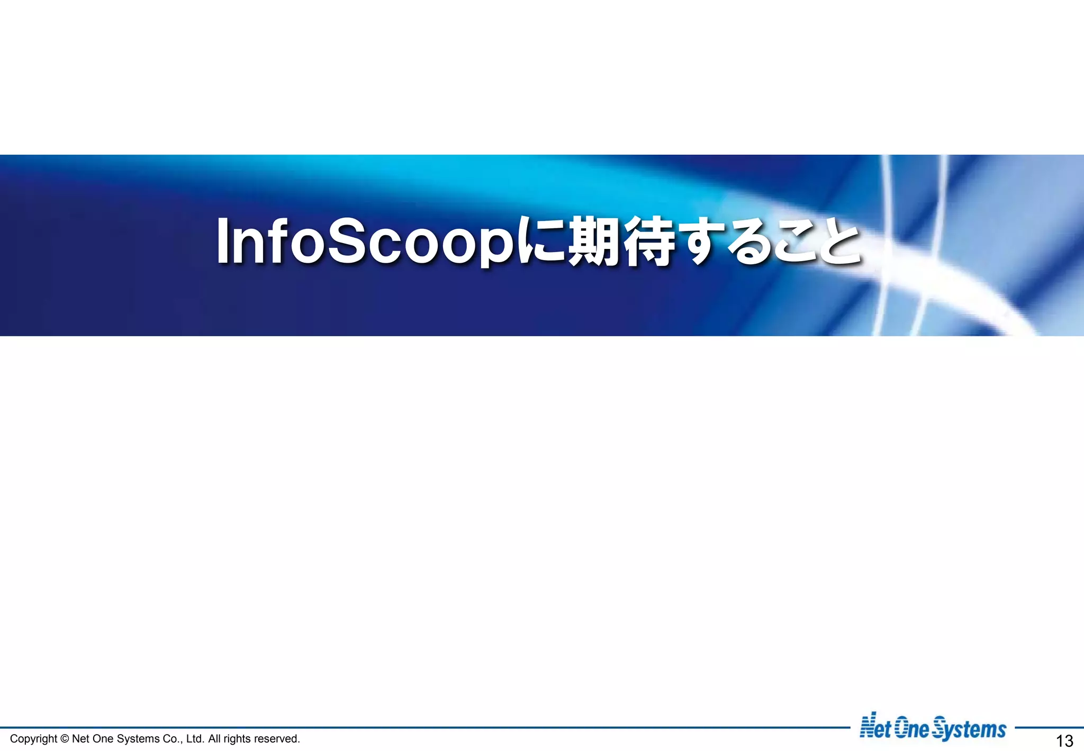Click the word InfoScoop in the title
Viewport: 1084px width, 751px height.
pyautogui.click(x=365, y=243)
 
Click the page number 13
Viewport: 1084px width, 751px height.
pyautogui.click(x=1064, y=740)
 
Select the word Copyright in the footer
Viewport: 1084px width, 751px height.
pyautogui.click(x=33, y=739)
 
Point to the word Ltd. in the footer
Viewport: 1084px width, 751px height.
pyautogui.click(x=195, y=739)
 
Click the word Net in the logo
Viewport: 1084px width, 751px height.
pyautogui.click(x=875, y=729)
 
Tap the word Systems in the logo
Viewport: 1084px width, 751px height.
pyautogui.click(x=969, y=730)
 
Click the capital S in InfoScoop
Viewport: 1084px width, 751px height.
pyautogui.click(x=350, y=242)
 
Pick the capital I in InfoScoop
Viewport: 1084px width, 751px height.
pyautogui.click(x=222, y=242)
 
